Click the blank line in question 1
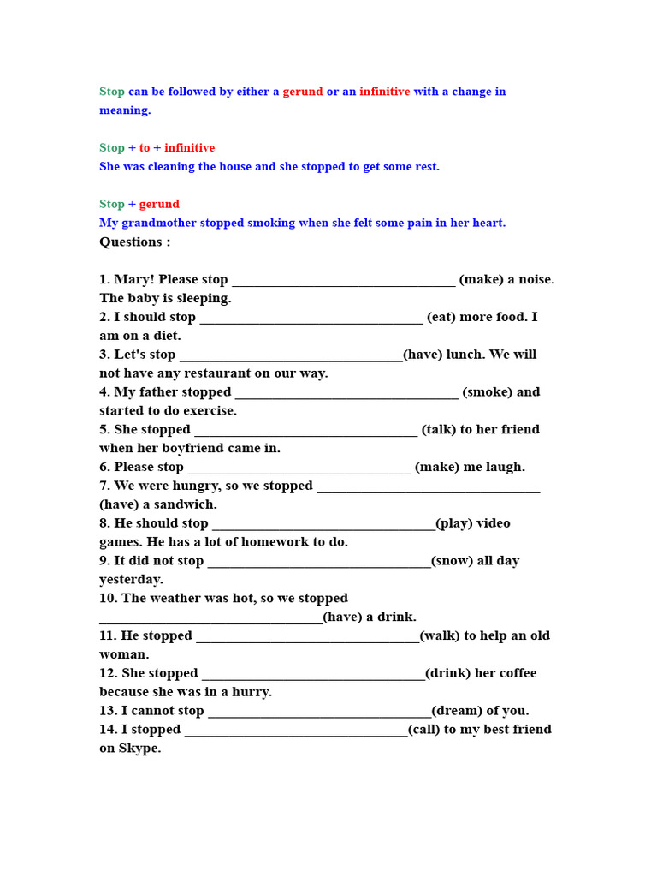pyautogui.click(x=343, y=281)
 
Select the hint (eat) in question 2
pyautogui.click(x=441, y=317)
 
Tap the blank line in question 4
pyautogui.click(x=346, y=394)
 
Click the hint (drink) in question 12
pyautogui.click(x=447, y=673)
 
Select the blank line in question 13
pyautogui.click(x=319, y=713)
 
